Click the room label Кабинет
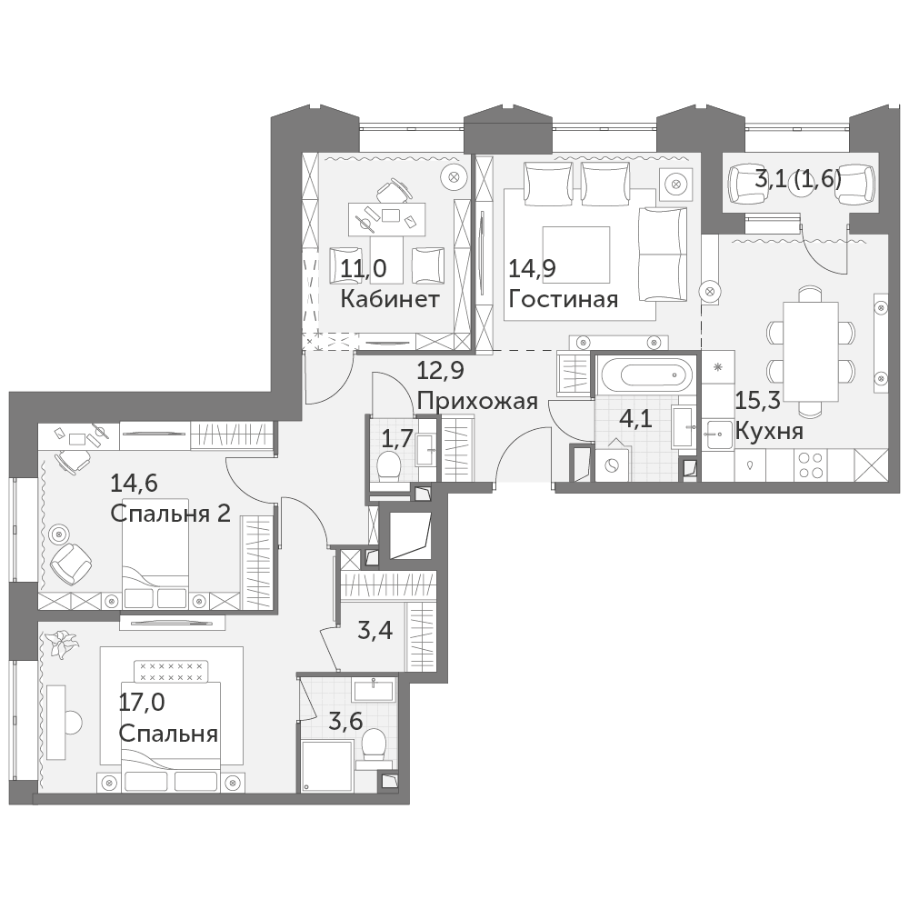(x=390, y=299)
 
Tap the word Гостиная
(x=563, y=299)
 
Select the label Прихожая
(x=477, y=401)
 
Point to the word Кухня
(x=769, y=431)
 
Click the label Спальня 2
(x=171, y=513)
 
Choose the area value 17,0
(x=142, y=703)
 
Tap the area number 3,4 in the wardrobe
(x=375, y=630)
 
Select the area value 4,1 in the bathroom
(x=635, y=418)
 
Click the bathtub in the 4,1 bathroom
(x=645, y=375)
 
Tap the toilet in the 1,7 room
(x=389, y=465)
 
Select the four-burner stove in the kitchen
(x=811, y=464)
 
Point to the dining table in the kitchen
(x=811, y=351)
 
